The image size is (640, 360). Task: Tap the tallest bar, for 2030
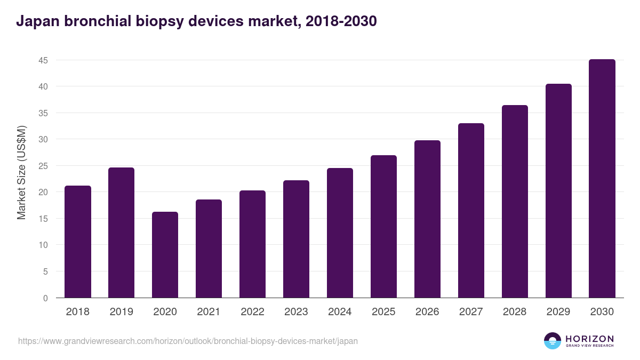pos(602,179)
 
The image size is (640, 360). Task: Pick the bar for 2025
pos(383,227)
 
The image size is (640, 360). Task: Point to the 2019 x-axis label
pos(122,312)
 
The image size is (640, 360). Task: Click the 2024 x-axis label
pos(340,312)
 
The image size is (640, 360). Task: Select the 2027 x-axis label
pos(471,312)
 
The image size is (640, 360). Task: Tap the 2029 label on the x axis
pos(558,312)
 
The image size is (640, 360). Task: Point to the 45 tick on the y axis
pos(43,60)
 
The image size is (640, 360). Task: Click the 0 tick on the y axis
pos(45,298)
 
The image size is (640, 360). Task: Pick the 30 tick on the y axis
pos(43,140)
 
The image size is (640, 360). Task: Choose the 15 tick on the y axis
pos(43,219)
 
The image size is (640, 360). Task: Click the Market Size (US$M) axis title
pos(21,172)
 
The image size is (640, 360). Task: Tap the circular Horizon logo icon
pos(553,341)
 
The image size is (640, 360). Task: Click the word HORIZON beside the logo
pos(589,339)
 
